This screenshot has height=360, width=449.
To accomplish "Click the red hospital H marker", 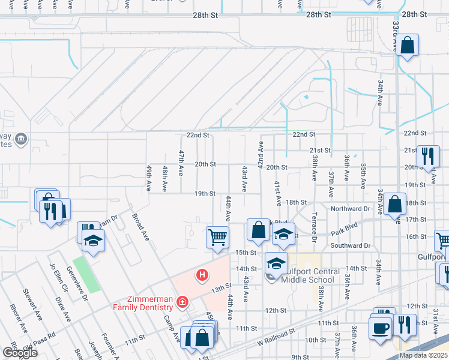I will click(x=203, y=275).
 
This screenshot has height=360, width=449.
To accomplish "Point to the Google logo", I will click(x=20, y=353).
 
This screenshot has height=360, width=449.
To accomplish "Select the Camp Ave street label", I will click(x=172, y=329).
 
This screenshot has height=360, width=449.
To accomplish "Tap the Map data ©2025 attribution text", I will click(x=423, y=355).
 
